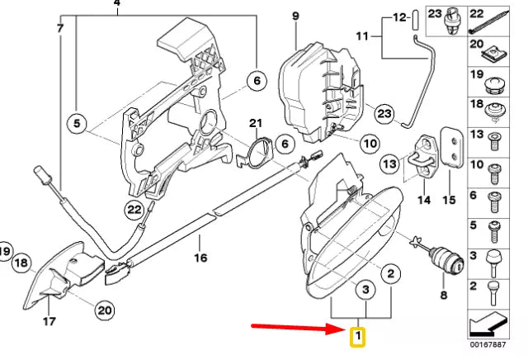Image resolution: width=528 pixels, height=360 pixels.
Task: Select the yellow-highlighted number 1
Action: point(357,337)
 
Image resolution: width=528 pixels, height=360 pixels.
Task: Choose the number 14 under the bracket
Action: point(424,200)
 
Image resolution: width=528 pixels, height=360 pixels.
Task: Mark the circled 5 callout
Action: point(78,126)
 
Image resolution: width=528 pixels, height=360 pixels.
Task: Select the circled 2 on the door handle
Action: point(391,272)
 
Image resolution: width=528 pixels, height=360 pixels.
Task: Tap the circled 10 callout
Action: point(369,143)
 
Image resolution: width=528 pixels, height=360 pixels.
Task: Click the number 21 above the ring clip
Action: point(255,124)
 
